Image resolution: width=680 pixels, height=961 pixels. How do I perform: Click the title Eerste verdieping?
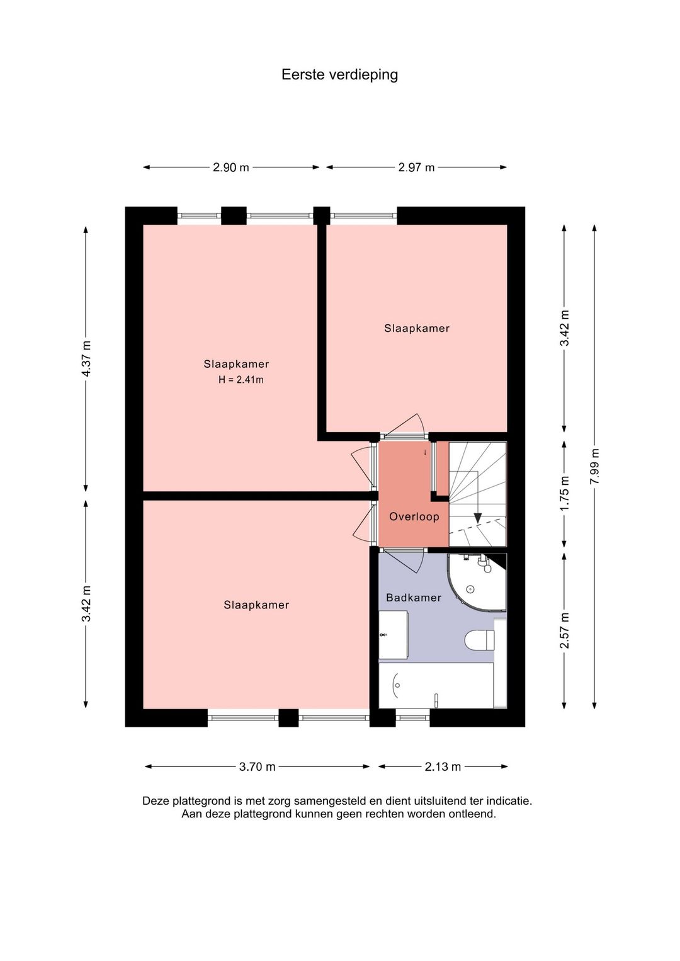click(339, 75)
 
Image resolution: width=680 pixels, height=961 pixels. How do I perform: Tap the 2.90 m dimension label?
click(231, 168)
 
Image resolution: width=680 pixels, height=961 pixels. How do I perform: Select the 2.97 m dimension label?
click(416, 168)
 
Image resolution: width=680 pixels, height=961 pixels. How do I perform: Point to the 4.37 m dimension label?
click(86, 358)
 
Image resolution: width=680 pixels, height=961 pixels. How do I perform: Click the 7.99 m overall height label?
click(594, 467)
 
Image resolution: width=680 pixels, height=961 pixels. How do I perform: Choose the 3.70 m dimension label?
click(257, 766)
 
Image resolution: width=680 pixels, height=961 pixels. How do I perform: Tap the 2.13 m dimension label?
click(443, 766)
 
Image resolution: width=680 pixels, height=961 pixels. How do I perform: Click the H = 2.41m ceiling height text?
click(241, 380)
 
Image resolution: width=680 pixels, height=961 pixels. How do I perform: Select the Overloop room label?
click(414, 516)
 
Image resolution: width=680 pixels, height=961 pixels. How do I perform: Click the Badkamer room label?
click(414, 598)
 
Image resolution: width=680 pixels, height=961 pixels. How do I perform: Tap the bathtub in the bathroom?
click(436, 685)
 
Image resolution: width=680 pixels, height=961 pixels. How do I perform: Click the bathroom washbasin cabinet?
click(393, 635)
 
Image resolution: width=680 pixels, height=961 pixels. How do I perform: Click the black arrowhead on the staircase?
click(477, 518)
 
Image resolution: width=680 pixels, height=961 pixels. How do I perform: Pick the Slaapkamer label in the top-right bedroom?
click(417, 329)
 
